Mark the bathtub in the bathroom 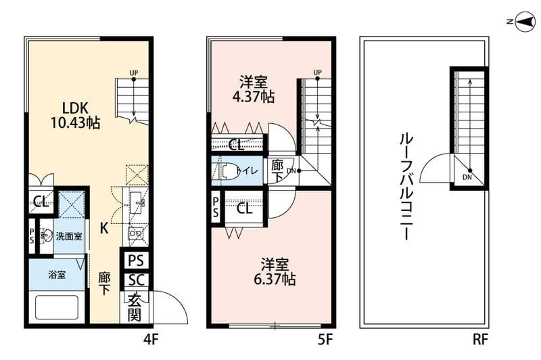(x=57, y=308)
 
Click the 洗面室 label (x=68, y=236)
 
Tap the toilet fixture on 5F (x=227, y=172)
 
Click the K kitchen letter (x=104, y=229)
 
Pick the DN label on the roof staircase (x=468, y=178)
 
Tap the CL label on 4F (x=40, y=201)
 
